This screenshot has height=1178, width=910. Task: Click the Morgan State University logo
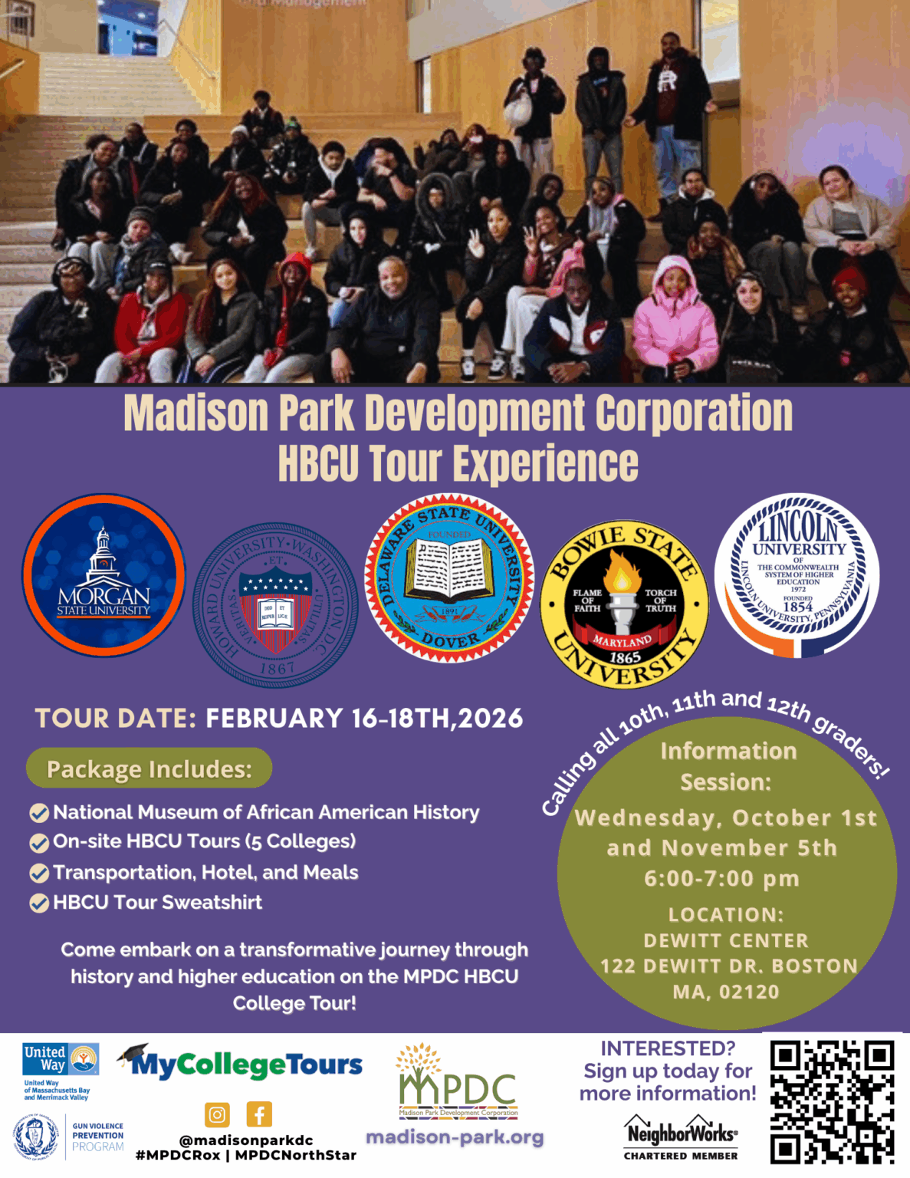tap(103, 575)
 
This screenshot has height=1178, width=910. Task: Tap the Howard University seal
tap(275, 605)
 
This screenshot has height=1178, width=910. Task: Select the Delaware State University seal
tap(449, 577)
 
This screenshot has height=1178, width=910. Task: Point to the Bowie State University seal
tap(624, 605)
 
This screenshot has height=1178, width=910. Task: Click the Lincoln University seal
tap(797, 575)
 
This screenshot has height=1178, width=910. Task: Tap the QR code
tap(832, 1101)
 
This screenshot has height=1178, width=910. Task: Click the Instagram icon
tap(218, 1114)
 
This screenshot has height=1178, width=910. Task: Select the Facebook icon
tap(259, 1114)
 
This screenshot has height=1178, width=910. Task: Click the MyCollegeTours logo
tap(241, 1062)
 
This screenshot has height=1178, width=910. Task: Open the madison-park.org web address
tap(455, 1137)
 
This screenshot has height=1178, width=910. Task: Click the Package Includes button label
tap(149, 768)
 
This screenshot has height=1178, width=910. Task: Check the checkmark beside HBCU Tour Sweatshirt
tap(39, 903)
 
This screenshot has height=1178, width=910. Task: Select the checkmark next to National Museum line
tap(39, 813)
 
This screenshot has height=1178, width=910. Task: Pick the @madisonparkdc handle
tap(245, 1140)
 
